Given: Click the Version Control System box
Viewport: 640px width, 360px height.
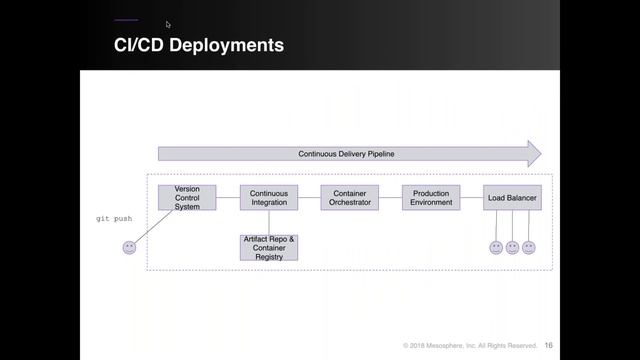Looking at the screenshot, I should click(187, 197).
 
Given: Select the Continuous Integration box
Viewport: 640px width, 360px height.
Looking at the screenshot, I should click(268, 197).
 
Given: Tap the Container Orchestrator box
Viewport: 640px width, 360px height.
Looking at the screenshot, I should click(350, 197).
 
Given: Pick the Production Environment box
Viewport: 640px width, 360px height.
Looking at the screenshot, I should click(431, 197).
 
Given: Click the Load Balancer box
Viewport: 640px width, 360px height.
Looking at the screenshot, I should click(512, 198).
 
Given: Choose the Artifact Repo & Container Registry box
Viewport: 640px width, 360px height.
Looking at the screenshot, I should click(269, 247).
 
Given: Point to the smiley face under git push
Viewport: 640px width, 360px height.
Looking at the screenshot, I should click(129, 247).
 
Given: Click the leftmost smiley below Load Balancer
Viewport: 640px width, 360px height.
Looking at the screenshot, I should click(496, 247).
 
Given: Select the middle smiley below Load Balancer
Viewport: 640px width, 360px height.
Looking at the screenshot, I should click(512, 247).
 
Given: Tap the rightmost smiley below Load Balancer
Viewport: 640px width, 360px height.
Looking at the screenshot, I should click(529, 247).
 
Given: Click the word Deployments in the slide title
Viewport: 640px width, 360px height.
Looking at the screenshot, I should click(225, 45).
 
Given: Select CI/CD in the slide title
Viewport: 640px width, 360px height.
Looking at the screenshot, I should click(138, 45).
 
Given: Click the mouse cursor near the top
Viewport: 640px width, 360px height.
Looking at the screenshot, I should click(168, 24).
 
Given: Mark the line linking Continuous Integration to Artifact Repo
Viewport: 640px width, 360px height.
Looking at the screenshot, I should click(269, 222).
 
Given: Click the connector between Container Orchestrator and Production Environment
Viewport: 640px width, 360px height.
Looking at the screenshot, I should click(390, 197).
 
